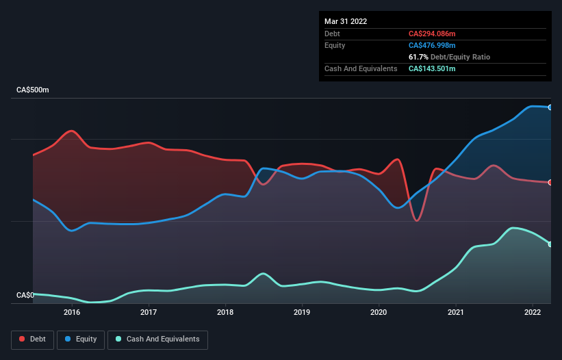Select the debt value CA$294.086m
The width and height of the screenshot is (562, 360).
pyautogui.click(x=432, y=34)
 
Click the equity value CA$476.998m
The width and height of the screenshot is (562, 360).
pyautogui.click(x=432, y=45)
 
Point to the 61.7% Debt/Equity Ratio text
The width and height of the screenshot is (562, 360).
pyautogui.click(x=449, y=57)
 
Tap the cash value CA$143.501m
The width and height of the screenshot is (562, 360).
pyautogui.click(x=432, y=68)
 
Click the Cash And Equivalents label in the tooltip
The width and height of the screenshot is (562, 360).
pyautogui.click(x=361, y=68)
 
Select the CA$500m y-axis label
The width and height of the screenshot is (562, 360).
pyautogui.click(x=33, y=90)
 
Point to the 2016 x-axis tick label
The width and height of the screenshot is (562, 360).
pyautogui.click(x=72, y=312)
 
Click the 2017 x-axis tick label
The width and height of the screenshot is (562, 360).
pyautogui.click(x=149, y=312)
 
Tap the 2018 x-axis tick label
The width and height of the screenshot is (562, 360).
pyautogui.click(x=225, y=312)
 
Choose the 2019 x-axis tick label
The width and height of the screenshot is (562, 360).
pyautogui.click(x=302, y=312)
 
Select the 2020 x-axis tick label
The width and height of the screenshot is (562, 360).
pyautogui.click(x=379, y=312)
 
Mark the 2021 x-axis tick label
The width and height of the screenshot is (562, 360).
pyautogui.click(x=456, y=312)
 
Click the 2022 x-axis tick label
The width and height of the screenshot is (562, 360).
pyautogui.click(x=533, y=312)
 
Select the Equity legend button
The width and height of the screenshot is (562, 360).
pyautogui.click(x=81, y=339)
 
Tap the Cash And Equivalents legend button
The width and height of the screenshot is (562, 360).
pyautogui.click(x=157, y=339)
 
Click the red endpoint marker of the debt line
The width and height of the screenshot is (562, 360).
pyautogui.click(x=550, y=182)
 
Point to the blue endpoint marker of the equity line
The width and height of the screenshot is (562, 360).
pyautogui.click(x=550, y=107)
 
